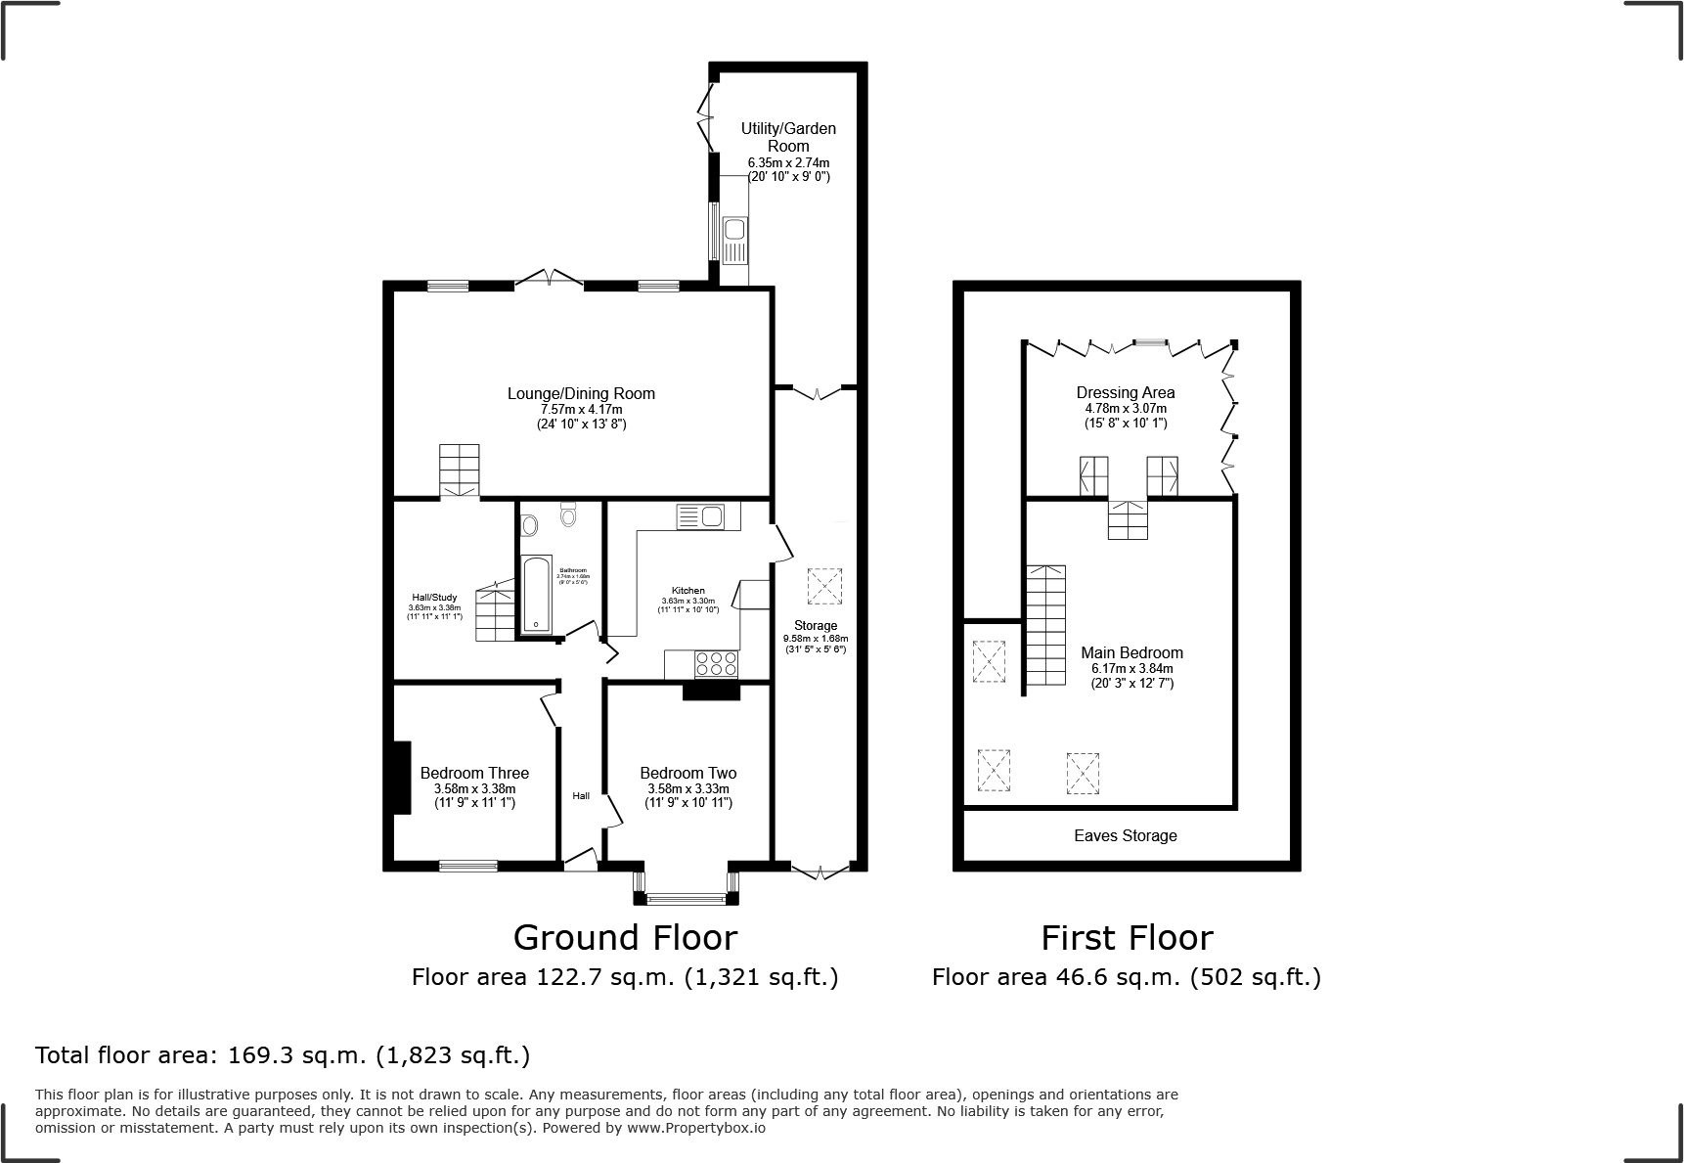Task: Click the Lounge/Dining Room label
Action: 581,394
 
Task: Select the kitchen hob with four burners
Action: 716,664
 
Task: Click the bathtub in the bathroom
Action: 536,595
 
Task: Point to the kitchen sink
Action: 699,514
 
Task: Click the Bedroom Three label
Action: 474,773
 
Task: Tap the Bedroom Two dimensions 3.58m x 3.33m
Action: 687,788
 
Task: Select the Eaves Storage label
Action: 1125,835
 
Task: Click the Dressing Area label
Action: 1125,392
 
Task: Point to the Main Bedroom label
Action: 1131,652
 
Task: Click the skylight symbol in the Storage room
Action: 823,586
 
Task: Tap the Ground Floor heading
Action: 625,938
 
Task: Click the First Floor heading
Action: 1126,938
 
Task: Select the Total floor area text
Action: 283,1055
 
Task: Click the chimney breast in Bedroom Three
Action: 401,778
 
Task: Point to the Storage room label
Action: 815,625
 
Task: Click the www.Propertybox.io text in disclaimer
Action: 696,1128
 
